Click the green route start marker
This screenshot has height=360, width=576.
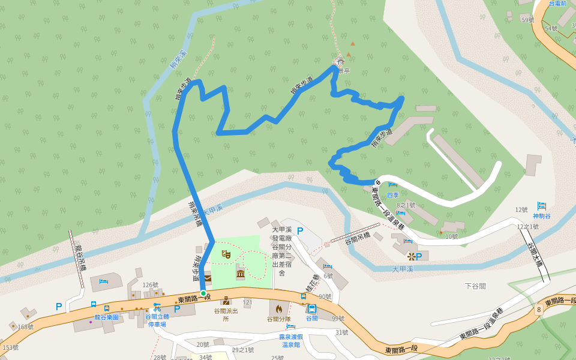tap(203, 293)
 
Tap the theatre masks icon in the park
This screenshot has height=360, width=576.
tap(226, 254)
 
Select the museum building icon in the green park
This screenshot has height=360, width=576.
tap(241, 274)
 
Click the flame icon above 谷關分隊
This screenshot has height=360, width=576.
tap(278, 308)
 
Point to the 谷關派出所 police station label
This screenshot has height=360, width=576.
tap(226, 314)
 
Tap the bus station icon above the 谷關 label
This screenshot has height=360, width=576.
tap(312, 308)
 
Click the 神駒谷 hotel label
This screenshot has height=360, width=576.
tap(541, 215)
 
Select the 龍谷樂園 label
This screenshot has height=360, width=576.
tap(106, 317)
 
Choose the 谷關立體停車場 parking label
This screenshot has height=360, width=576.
tap(157, 320)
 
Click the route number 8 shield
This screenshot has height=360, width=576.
tap(539, 309)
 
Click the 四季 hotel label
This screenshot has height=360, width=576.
tap(393, 194)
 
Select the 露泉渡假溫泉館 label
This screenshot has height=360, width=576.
tap(291, 341)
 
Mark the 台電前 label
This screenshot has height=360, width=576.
tap(557, 4)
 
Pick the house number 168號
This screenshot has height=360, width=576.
tap(26, 326)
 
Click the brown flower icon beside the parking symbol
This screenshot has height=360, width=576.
tap(411, 256)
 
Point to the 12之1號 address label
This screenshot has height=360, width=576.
tap(527, 226)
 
